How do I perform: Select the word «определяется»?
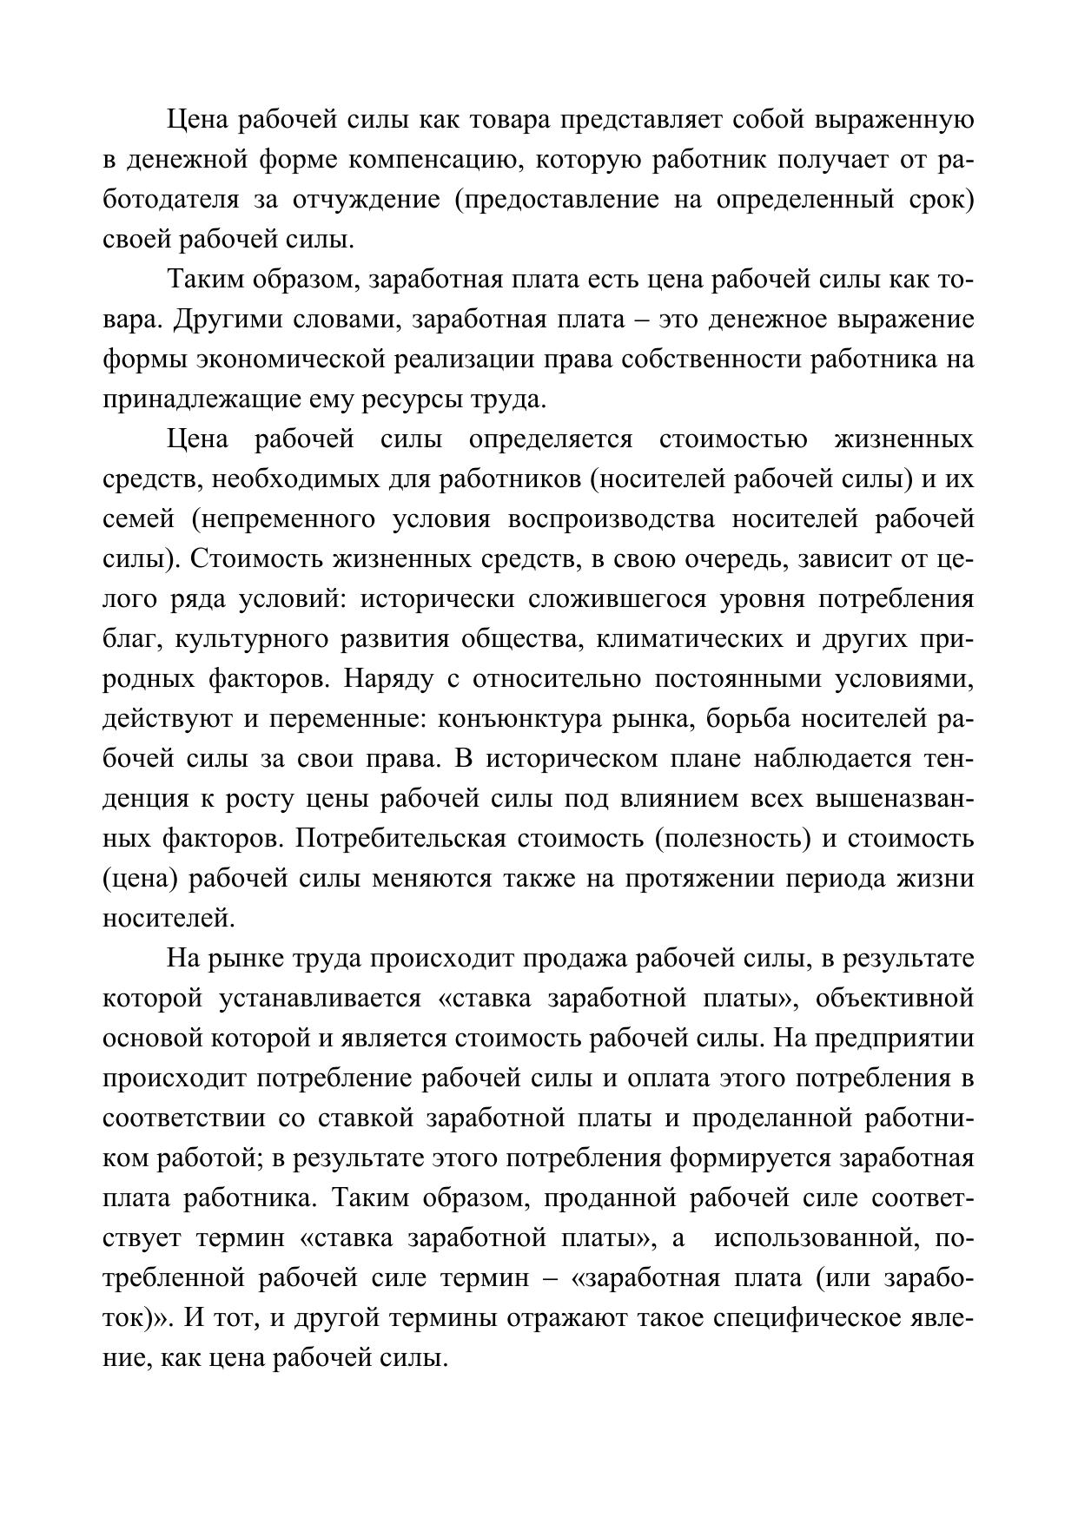tap(551, 439)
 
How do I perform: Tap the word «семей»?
tap(140, 519)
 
